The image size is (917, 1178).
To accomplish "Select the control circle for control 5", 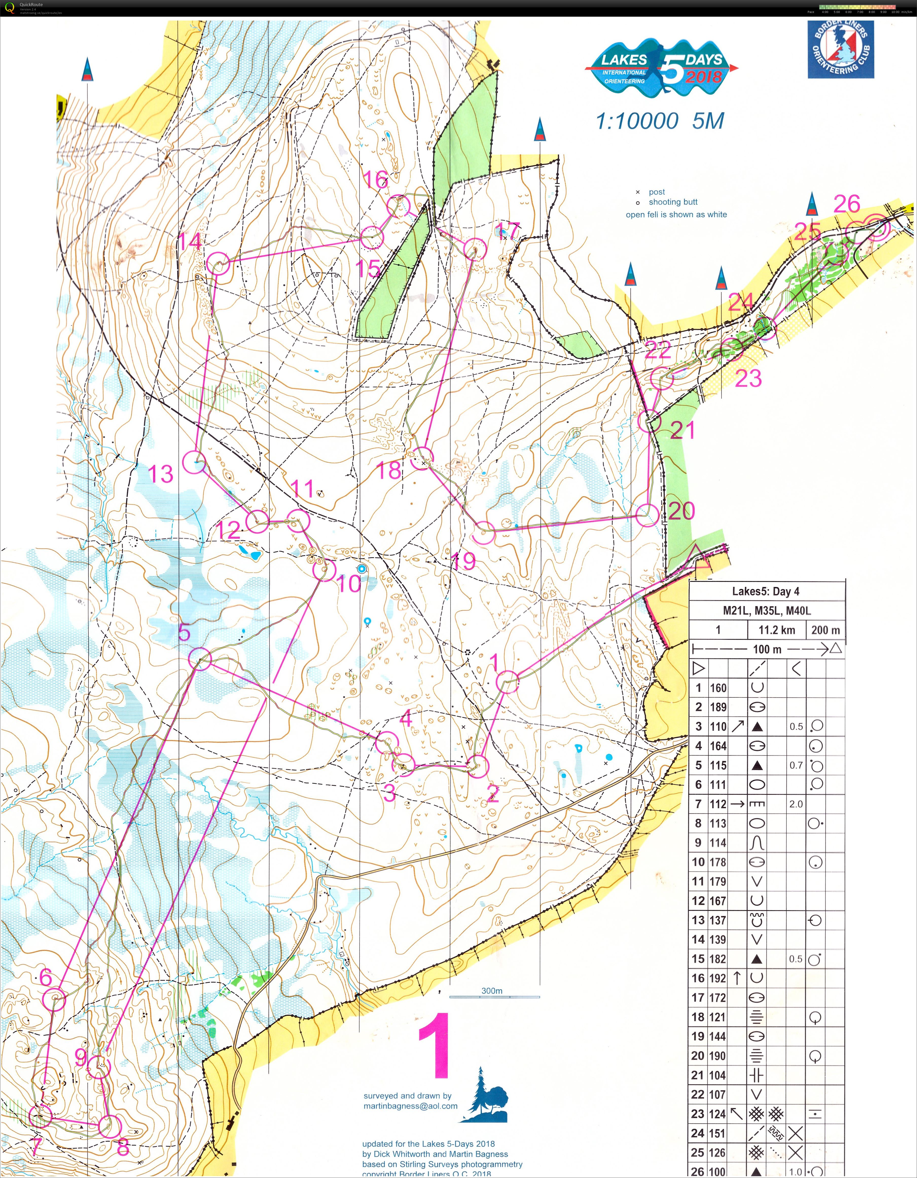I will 200,659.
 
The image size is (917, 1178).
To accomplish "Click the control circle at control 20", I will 648,515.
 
